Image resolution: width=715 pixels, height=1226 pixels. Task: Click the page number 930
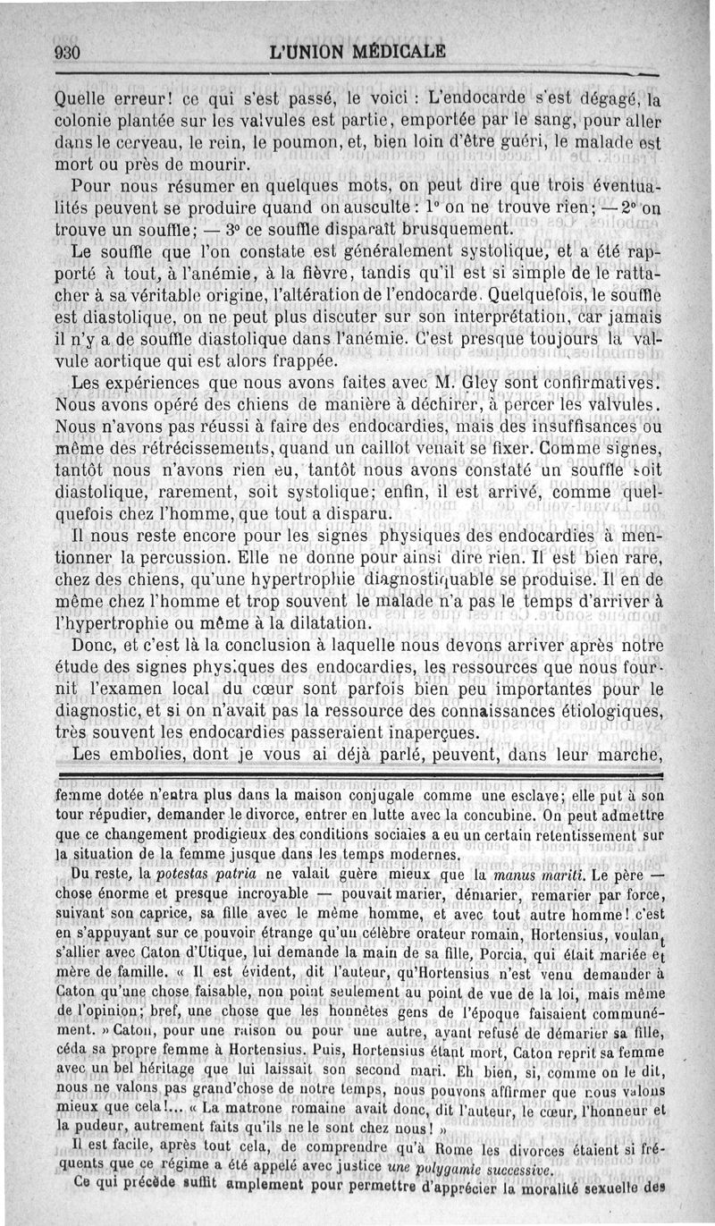click(68, 52)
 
